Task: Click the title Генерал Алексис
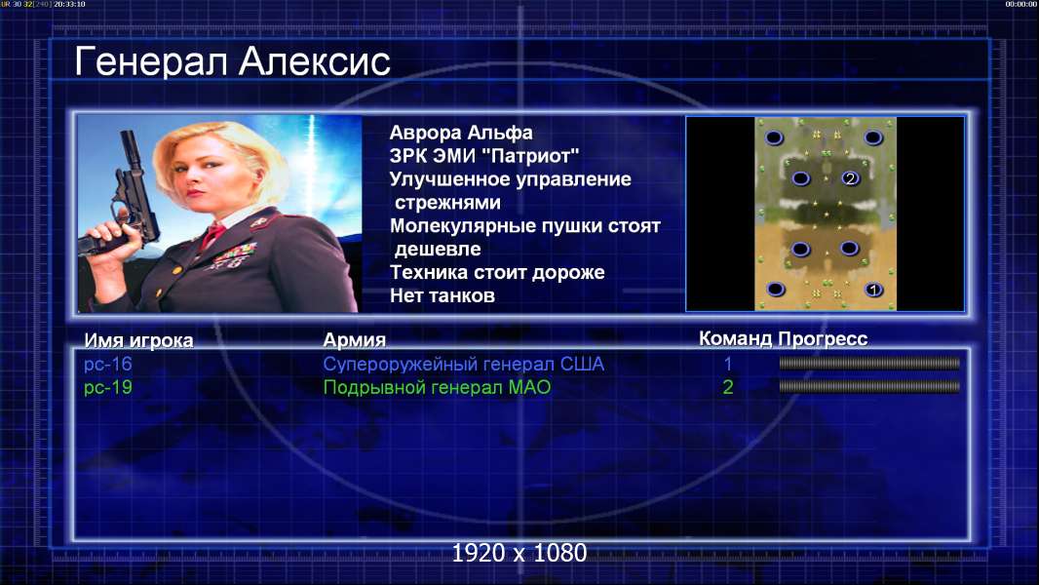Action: pyautogui.click(x=232, y=61)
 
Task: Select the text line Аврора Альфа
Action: pyautogui.click(x=460, y=133)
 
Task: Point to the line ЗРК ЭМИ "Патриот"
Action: pyautogui.click(x=483, y=156)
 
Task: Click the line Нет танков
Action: pyautogui.click(x=442, y=295)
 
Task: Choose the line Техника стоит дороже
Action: pyautogui.click(x=497, y=272)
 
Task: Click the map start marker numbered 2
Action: pyautogui.click(x=850, y=177)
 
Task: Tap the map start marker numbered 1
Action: pyautogui.click(x=873, y=290)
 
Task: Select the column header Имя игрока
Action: pyautogui.click(x=138, y=340)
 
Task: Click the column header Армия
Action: pyautogui.click(x=354, y=340)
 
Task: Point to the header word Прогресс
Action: pyautogui.click(x=823, y=339)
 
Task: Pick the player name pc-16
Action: pyautogui.click(x=108, y=364)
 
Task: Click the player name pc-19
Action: pyautogui.click(x=108, y=387)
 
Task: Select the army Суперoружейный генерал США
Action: pyautogui.click(x=463, y=364)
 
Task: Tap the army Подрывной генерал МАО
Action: pyautogui.click(x=437, y=387)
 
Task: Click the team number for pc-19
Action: pyautogui.click(x=727, y=387)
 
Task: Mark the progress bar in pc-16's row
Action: pyautogui.click(x=869, y=363)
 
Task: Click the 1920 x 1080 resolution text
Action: pyautogui.click(x=519, y=553)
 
